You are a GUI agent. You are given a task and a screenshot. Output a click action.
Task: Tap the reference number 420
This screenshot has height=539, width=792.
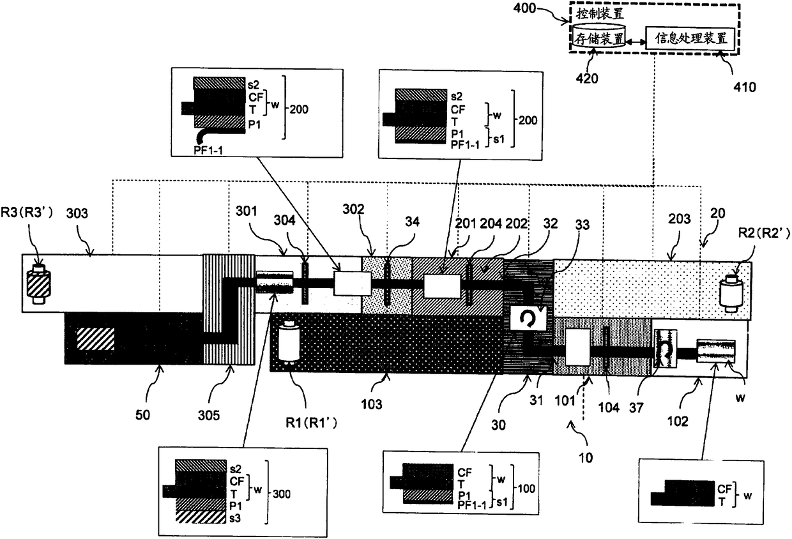588,79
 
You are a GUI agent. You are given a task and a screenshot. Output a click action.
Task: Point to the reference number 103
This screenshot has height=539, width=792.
372,404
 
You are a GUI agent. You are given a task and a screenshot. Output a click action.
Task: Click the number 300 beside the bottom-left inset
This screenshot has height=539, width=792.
282,494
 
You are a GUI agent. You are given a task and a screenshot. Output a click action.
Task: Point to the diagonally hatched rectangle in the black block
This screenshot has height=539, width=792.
95,338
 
